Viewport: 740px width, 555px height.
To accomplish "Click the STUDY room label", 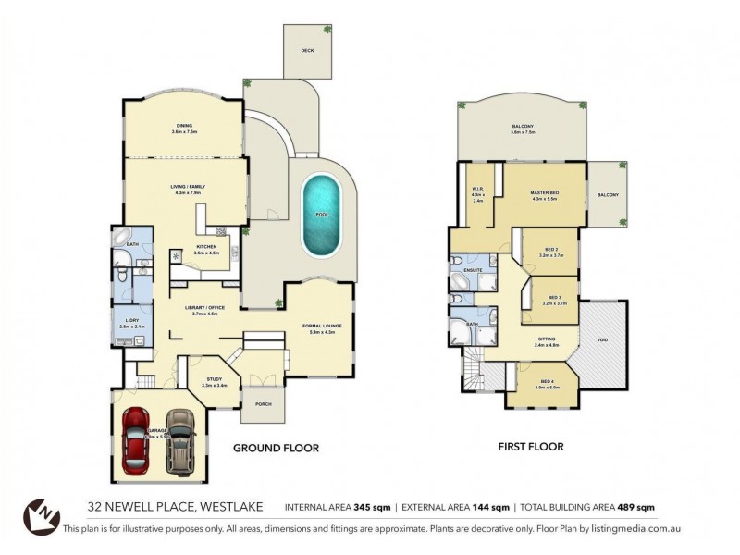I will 214,380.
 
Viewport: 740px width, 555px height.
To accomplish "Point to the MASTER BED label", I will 545,192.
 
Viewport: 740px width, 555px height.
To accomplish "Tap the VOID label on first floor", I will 602,340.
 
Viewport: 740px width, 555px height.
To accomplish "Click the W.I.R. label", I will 477,190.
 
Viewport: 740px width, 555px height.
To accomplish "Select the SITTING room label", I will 548,339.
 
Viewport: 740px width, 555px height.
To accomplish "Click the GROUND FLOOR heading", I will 276,448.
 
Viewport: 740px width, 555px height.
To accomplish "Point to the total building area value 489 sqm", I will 637,507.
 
